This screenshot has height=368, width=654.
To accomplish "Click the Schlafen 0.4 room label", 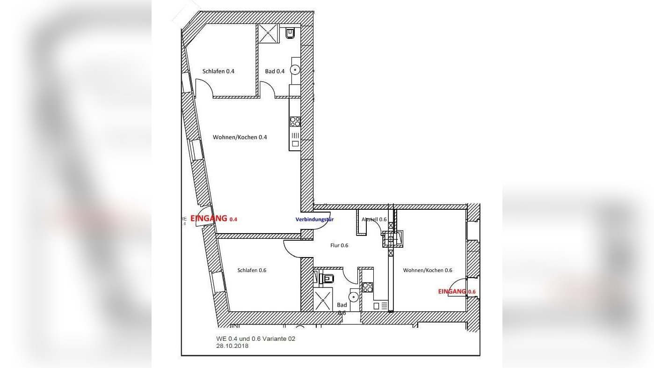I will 218,72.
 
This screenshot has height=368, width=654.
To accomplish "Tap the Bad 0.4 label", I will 275,72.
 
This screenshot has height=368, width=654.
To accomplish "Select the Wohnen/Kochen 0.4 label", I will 240,137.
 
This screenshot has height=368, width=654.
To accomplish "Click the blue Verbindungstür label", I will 314,219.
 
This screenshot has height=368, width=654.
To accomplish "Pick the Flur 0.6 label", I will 339,245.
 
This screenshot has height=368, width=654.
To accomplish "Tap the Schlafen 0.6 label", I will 252,270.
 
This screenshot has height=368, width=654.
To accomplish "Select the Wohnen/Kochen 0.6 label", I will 428,270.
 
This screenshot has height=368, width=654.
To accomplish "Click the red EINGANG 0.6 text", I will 457,291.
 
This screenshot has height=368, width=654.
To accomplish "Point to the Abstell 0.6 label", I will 374,219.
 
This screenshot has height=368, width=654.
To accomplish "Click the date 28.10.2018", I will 233,346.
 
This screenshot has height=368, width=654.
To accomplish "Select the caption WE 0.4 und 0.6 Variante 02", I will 255,339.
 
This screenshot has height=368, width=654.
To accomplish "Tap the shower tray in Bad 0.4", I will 269,33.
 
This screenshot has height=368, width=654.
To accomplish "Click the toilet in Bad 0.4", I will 290,33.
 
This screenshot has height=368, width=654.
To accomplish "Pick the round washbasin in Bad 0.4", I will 295,70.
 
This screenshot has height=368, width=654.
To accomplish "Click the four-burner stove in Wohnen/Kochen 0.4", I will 295,122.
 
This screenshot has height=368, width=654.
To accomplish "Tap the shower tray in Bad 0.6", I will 322,300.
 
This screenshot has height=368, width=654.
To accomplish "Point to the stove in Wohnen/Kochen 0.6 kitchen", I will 367,287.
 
